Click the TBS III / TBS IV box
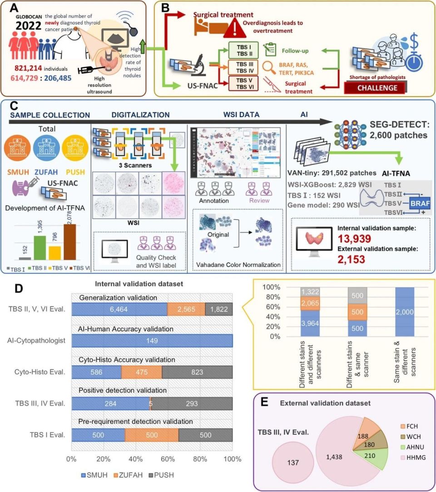(243, 68)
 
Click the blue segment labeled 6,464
(119, 309)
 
